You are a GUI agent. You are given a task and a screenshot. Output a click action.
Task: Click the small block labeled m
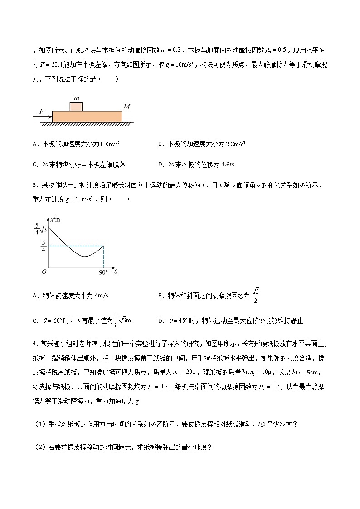(x=76, y=107)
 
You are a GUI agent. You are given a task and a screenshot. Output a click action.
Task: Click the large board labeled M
(x=87, y=116)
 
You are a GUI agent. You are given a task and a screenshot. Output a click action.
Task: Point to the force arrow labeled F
(x=42, y=116)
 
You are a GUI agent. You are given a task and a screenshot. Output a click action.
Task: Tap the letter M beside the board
(x=127, y=107)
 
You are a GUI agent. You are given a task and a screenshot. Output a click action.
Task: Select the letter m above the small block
(x=76, y=98)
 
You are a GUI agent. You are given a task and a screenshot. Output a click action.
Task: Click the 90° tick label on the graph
(x=103, y=272)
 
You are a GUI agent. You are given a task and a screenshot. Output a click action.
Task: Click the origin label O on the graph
(x=44, y=272)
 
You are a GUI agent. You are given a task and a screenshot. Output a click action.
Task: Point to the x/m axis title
(x=56, y=219)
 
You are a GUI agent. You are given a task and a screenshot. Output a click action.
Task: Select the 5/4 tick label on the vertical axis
(x=43, y=246)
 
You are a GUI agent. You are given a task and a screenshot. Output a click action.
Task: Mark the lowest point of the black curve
(x=84, y=257)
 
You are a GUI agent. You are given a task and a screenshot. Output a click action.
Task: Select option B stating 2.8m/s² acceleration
(x=202, y=144)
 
